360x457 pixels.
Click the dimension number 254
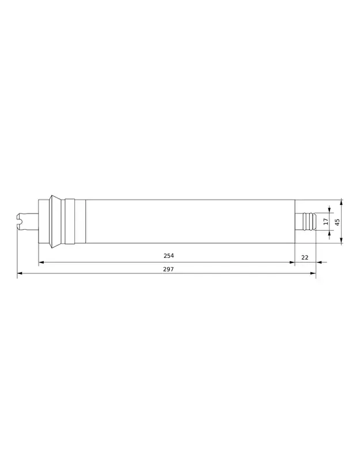(168, 256)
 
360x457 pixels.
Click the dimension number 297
(168, 269)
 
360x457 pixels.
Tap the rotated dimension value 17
(326, 222)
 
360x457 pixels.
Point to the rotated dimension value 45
(338, 222)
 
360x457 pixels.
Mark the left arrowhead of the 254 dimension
(41, 262)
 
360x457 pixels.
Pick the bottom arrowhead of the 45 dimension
(342, 241)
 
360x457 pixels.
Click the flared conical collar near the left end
(55, 222)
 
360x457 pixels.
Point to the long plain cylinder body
(190, 222)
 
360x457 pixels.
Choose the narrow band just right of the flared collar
(70, 222)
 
